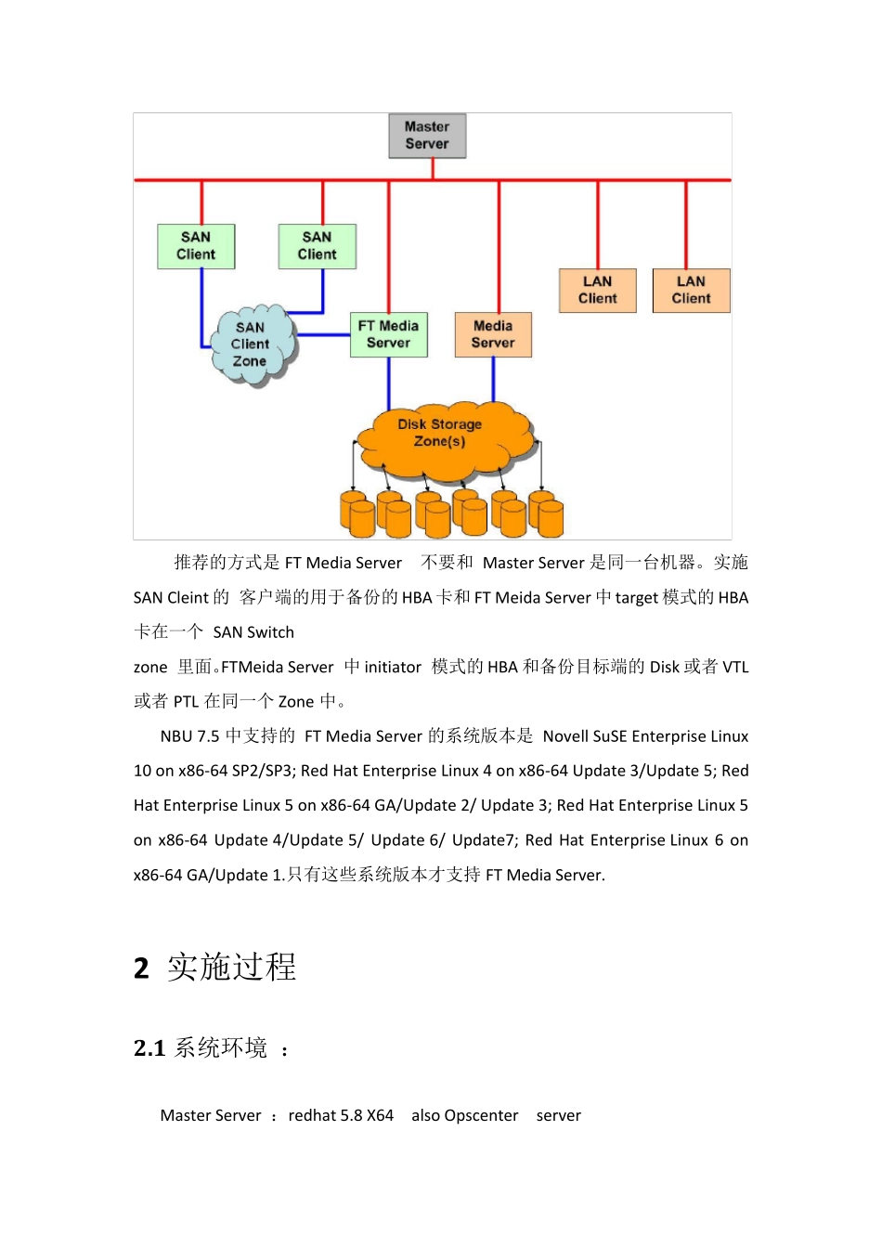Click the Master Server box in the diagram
click(427, 136)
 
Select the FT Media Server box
click(389, 334)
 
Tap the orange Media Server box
click(493, 334)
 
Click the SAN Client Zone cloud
click(251, 344)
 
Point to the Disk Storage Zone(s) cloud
click(441, 436)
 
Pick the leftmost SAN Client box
click(196, 246)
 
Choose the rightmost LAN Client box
click(691, 290)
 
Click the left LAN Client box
click(597, 290)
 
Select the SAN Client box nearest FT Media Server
click(317, 246)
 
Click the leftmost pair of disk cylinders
click(357, 514)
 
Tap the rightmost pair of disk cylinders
click(546, 514)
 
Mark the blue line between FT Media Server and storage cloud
click(389, 383)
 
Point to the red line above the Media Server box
click(499, 246)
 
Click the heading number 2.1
click(149, 1048)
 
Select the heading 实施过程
click(232, 968)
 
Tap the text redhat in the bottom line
click(312, 1115)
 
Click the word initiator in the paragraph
click(393, 667)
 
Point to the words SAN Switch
click(253, 632)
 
